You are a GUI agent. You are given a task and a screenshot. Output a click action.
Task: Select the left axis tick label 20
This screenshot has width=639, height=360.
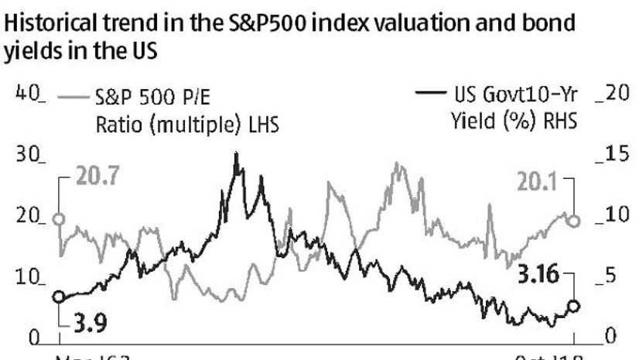(x=29, y=217)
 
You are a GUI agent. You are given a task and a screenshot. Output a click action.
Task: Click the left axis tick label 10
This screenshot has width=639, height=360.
(x=29, y=278)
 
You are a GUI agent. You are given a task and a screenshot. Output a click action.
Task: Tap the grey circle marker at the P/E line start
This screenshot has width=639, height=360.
(x=59, y=219)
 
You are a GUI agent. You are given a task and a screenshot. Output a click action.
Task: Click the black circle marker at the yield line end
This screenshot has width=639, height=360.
(x=573, y=307)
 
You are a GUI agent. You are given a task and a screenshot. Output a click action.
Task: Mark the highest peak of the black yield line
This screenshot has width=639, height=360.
(x=236, y=154)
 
